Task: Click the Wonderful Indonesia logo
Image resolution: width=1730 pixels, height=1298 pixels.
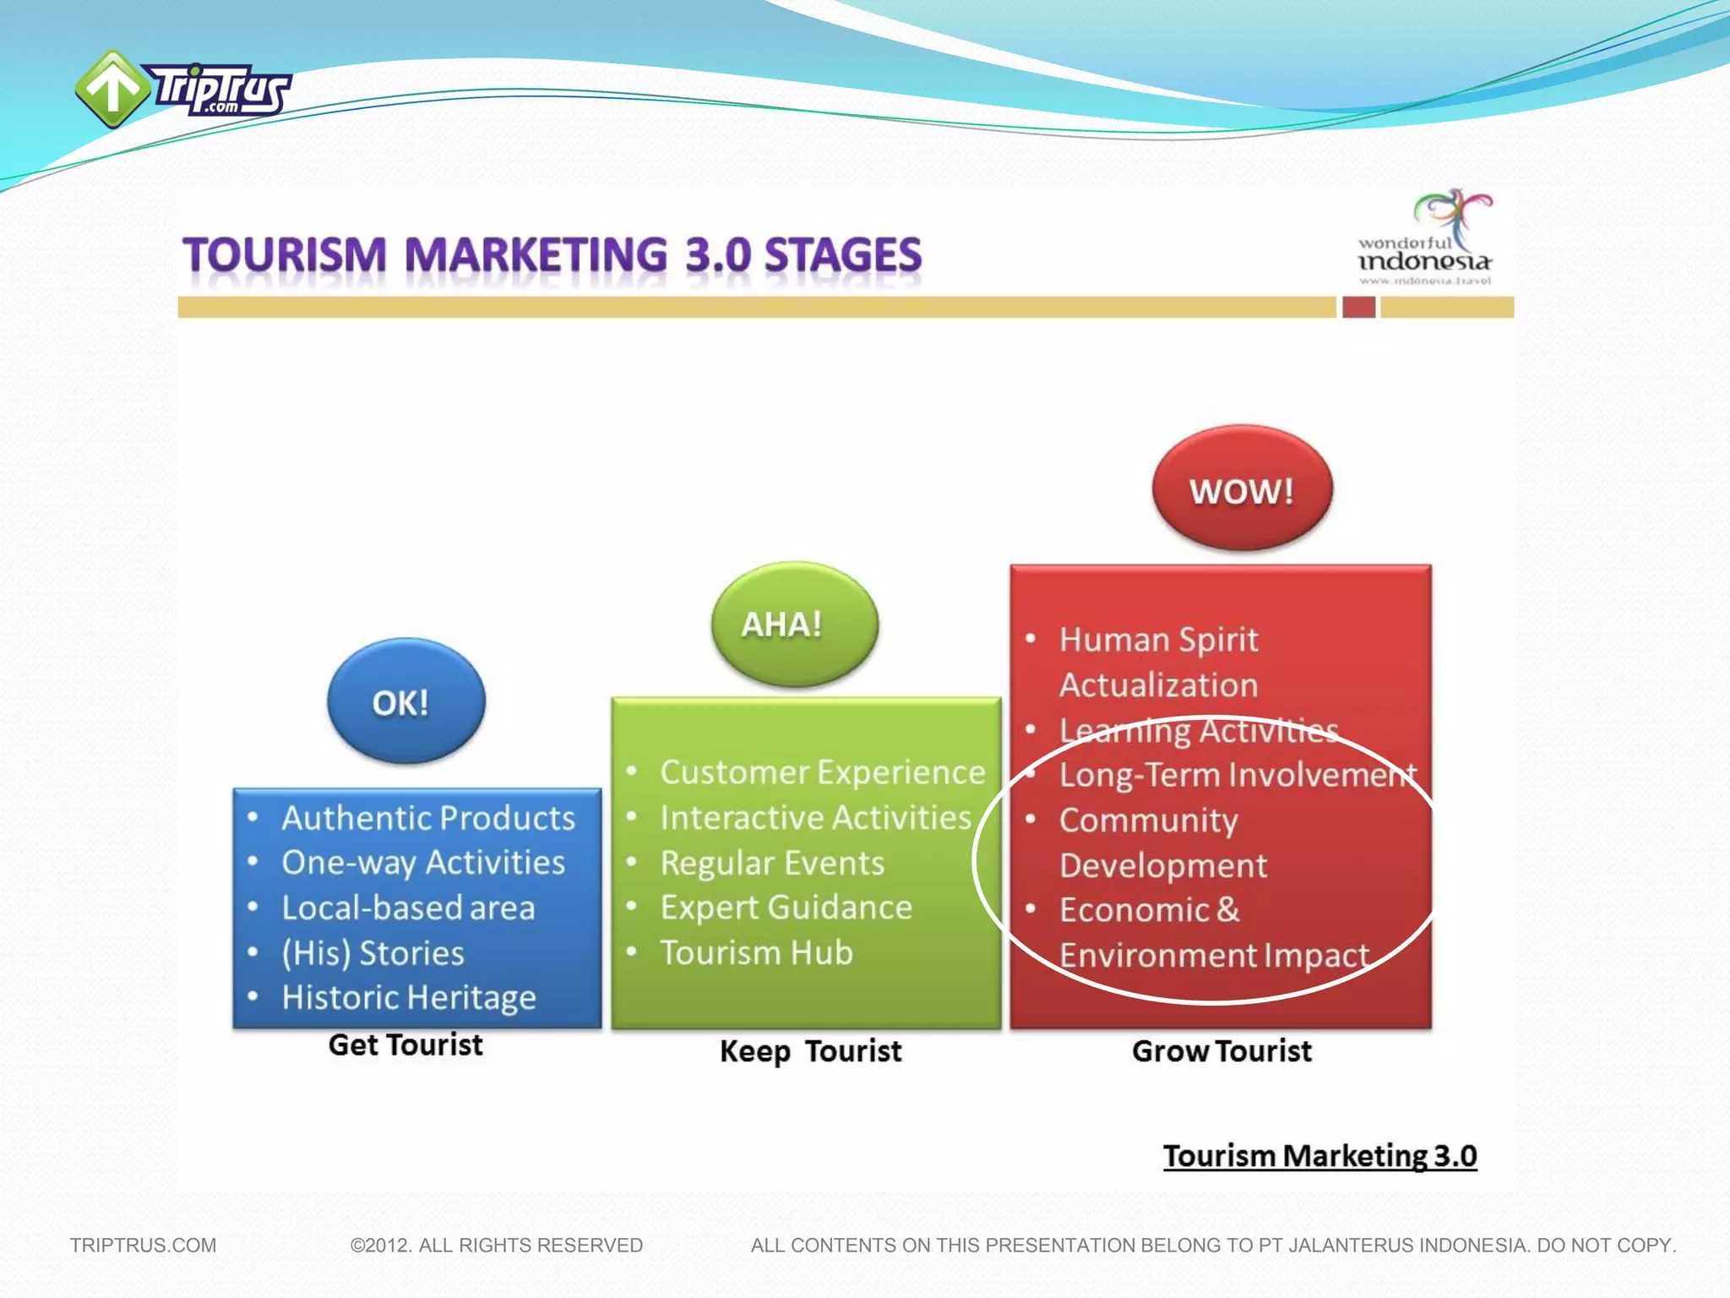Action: pyautogui.click(x=1425, y=239)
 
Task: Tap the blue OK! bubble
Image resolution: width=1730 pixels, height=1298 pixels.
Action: pyautogui.click(x=405, y=701)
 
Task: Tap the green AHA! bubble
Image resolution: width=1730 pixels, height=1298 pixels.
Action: pyautogui.click(x=794, y=624)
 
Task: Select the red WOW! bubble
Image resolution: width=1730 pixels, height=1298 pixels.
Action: pyautogui.click(x=1242, y=489)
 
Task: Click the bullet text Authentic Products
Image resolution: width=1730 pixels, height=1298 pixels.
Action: pyautogui.click(x=428, y=818)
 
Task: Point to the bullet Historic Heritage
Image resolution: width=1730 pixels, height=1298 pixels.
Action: pyautogui.click(x=409, y=998)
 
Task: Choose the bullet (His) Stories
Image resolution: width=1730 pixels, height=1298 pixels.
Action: pyautogui.click(x=373, y=953)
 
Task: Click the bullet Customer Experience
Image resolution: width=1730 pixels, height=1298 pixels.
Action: pyautogui.click(x=822, y=772)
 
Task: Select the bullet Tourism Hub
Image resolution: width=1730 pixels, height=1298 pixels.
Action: pyautogui.click(x=756, y=952)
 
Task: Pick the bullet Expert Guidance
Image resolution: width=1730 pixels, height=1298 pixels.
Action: pyautogui.click(x=786, y=908)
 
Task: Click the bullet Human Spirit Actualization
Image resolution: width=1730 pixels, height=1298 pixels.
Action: pyautogui.click(x=1158, y=662)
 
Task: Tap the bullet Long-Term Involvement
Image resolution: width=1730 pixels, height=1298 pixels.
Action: pyautogui.click(x=1238, y=775)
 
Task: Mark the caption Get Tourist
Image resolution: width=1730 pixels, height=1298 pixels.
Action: pyautogui.click(x=405, y=1045)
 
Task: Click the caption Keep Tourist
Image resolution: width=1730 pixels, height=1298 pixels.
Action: pyautogui.click(x=810, y=1051)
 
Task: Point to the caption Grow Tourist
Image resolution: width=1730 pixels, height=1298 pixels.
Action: pyautogui.click(x=1221, y=1051)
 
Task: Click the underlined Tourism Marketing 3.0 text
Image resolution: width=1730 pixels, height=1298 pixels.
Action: pyautogui.click(x=1319, y=1156)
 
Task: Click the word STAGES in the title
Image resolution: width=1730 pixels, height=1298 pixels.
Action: pyautogui.click(x=842, y=255)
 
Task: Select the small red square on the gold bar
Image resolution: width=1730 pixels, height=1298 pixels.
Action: pyautogui.click(x=1358, y=307)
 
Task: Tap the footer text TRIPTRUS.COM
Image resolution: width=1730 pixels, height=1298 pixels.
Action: pyautogui.click(x=143, y=1246)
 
